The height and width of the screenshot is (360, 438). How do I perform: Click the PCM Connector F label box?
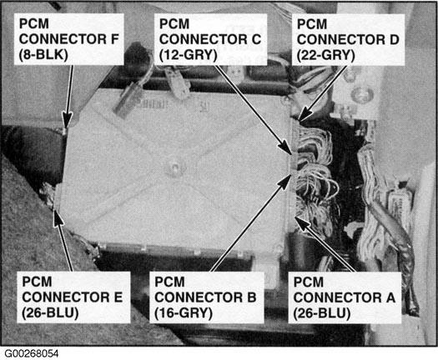point(68,39)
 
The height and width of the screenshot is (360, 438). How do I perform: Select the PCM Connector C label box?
point(210,39)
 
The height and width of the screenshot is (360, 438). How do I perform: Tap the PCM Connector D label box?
point(348,40)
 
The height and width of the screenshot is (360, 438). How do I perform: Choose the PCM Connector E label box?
point(73,297)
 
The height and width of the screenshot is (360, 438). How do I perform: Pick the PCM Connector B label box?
point(207,297)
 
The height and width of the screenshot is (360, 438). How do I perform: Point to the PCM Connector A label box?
point(345,297)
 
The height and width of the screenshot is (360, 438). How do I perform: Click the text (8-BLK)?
point(43,55)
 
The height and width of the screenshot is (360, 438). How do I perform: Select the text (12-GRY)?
point(188,55)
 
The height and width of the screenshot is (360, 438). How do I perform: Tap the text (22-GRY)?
point(325,55)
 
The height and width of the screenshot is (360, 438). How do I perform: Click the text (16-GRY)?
point(184,312)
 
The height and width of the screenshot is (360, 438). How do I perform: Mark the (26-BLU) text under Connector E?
point(50,312)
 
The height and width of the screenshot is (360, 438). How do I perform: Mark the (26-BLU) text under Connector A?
point(322,313)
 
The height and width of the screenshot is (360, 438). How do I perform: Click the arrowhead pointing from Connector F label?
point(67,121)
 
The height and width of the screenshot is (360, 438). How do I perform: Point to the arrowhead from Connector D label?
point(306,113)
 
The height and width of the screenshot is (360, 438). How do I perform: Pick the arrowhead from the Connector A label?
point(302,223)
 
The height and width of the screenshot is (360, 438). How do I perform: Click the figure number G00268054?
point(32,354)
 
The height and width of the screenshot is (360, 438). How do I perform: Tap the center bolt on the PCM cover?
point(175,168)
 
